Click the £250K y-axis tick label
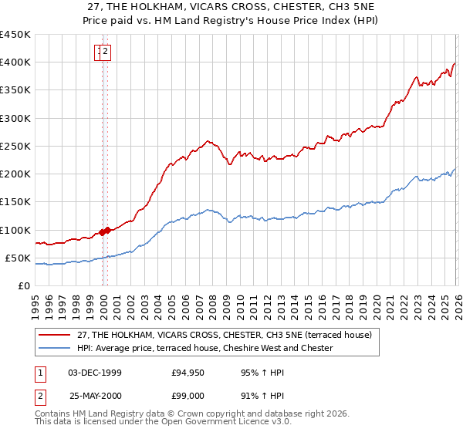tap(15, 146)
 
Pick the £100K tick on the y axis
tap(15, 230)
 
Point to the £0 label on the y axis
tap(23, 285)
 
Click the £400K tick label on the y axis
tap(15, 62)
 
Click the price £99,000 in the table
tap(188, 396)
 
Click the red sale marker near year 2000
tap(103, 231)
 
